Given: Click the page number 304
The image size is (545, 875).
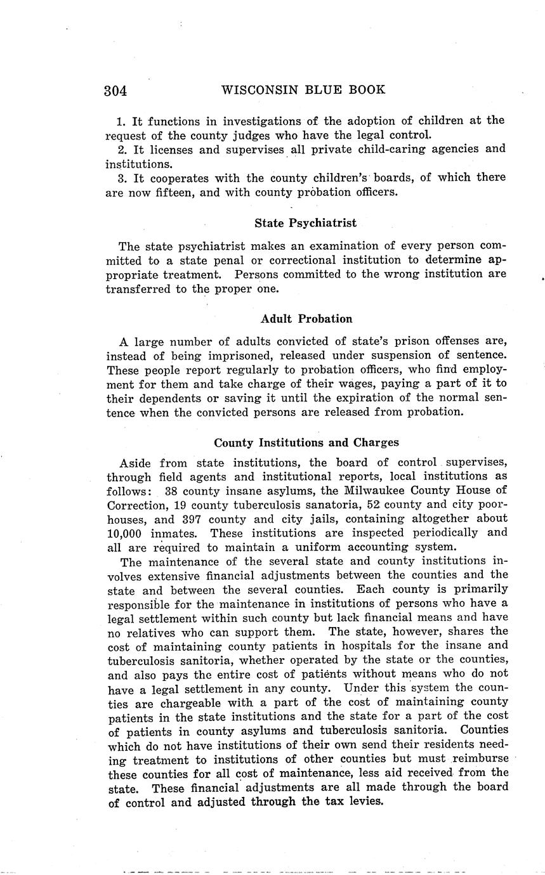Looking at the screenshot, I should pyautogui.click(x=116, y=90).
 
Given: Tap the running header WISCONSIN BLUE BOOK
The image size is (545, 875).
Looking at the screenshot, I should pyautogui.click(x=303, y=89).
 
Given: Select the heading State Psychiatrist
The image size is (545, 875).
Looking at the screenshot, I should pyautogui.click(x=305, y=223).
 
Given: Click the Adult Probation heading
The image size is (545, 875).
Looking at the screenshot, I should pyautogui.click(x=306, y=318).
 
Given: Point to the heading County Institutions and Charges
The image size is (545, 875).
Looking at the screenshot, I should pyautogui.click(x=306, y=442).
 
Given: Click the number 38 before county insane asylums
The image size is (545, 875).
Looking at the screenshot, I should pyautogui.click(x=171, y=490).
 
